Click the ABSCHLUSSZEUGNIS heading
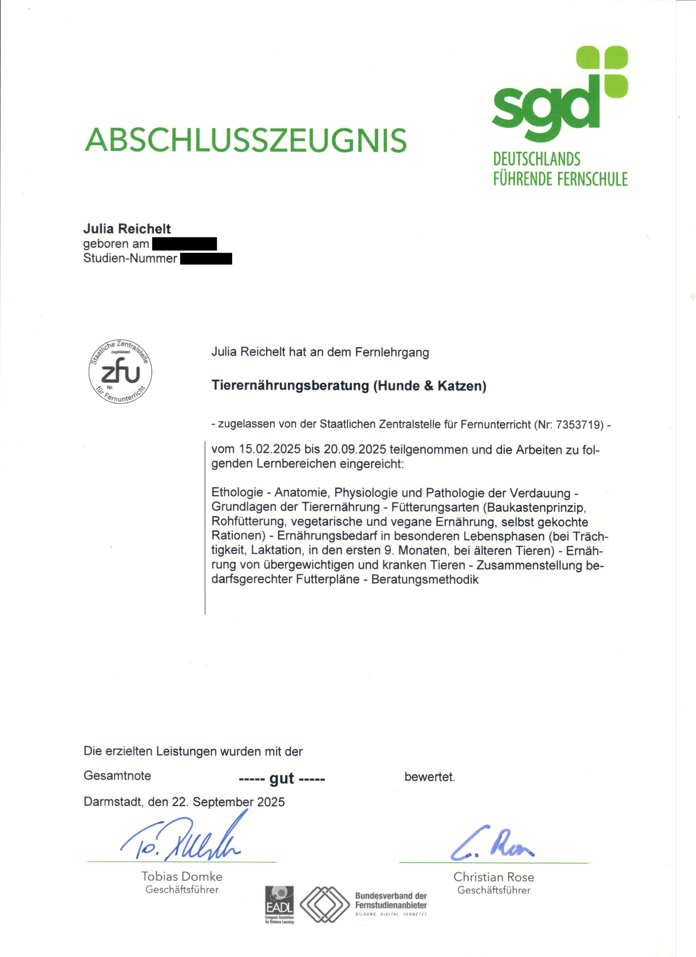pyautogui.click(x=246, y=140)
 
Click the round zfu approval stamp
pyautogui.click(x=120, y=372)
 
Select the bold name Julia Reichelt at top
pyautogui.click(x=127, y=229)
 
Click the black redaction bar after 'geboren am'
pyautogui.click(x=185, y=244)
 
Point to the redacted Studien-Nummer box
pyautogui.click(x=206, y=258)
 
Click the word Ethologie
pyautogui.click(x=237, y=492)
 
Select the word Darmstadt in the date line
pyautogui.click(x=113, y=802)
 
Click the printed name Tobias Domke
pyautogui.click(x=182, y=877)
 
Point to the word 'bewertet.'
pyautogui.click(x=430, y=777)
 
